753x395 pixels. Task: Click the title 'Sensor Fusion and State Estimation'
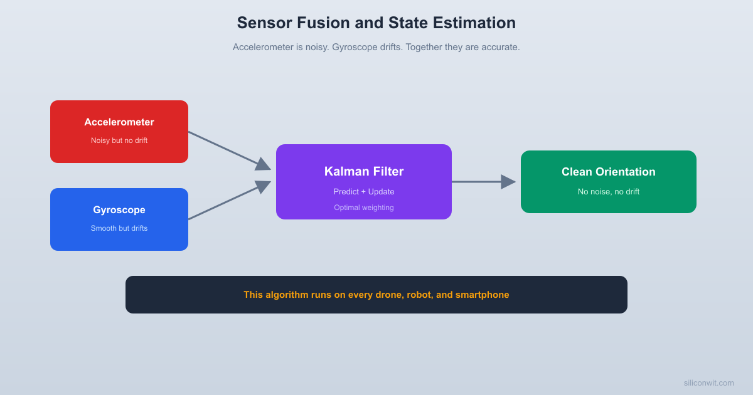tap(376, 23)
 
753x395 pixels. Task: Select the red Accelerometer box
tap(119, 131)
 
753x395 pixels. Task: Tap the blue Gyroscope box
tap(119, 219)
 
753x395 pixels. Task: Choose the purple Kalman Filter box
tap(364, 181)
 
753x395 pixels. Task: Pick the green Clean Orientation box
tap(608, 181)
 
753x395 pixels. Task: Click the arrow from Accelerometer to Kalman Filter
tap(229, 150)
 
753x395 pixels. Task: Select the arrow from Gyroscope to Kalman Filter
tap(229, 201)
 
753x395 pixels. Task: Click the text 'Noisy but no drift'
tap(119, 140)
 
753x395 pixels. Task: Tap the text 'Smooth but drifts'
tap(119, 228)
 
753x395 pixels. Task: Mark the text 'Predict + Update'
tap(364, 192)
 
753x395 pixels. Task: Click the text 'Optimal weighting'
tap(364, 208)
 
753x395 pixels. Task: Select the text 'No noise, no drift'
tap(608, 192)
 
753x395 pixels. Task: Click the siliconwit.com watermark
tap(708, 383)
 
